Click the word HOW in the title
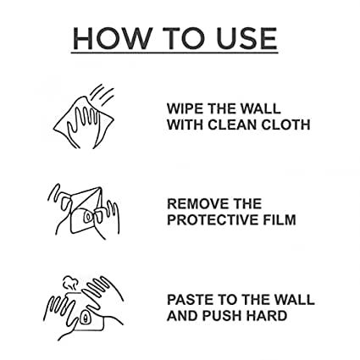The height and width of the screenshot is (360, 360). pos(112,38)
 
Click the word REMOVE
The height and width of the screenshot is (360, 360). pos(197,203)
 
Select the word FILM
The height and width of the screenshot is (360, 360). pos(280,219)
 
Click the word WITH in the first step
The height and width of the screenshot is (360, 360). pos(185,125)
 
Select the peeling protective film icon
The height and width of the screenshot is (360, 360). pos(84,212)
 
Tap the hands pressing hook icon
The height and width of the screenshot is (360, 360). pos(83,308)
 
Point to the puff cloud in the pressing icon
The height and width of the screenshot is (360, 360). pos(70,283)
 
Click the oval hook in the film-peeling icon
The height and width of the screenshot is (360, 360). pos(88,217)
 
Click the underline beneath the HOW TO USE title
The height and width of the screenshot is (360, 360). pos(174,53)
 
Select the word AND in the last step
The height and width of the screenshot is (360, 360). pos(183,316)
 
